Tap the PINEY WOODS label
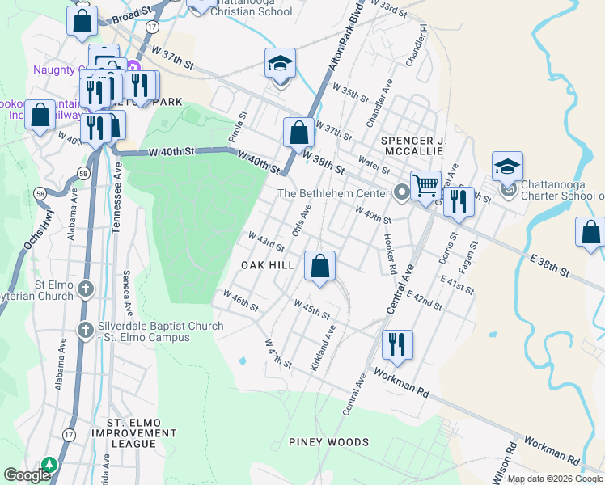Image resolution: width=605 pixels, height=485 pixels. pos(328,442)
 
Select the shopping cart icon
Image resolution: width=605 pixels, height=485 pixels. pos(425,186)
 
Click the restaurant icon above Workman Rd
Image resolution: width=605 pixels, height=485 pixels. pos(396,344)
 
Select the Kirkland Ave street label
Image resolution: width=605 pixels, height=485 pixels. pos(323,348)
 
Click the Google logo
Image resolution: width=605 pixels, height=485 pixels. pos(27,475)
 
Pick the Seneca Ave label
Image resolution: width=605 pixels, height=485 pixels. pos(126,293)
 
